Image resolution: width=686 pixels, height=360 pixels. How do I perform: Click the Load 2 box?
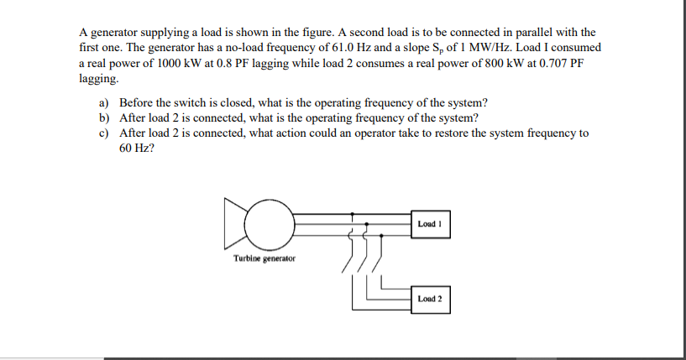[432, 299]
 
